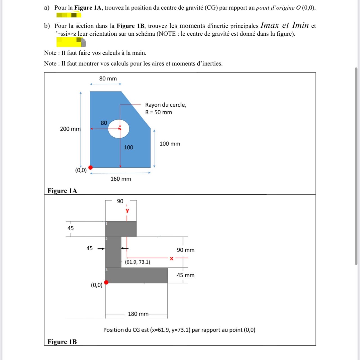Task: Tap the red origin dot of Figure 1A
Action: click(x=91, y=168)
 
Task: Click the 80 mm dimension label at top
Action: click(x=108, y=79)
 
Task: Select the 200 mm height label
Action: click(x=70, y=129)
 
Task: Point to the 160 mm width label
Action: click(x=121, y=179)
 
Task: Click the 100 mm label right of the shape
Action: click(x=170, y=144)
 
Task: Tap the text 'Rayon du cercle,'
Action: click(x=166, y=105)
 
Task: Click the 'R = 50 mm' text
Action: click(x=158, y=112)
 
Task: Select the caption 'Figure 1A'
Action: click(x=62, y=191)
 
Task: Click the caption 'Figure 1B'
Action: click(x=62, y=342)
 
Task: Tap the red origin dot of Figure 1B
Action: click(x=106, y=282)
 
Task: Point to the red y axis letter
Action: click(x=127, y=210)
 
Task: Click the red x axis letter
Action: click(x=172, y=258)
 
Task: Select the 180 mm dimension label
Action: click(x=138, y=314)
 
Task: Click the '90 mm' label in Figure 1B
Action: click(x=186, y=250)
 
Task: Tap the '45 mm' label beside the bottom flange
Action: click(x=186, y=275)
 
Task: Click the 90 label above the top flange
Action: click(x=120, y=201)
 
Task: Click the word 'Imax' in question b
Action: click(x=270, y=25)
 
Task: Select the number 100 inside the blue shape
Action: click(x=129, y=147)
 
